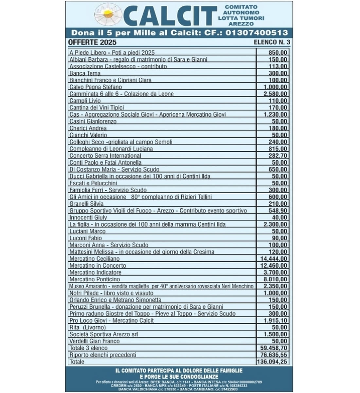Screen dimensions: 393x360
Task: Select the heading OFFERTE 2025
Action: point(92,42)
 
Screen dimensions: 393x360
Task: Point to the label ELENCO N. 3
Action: point(271,42)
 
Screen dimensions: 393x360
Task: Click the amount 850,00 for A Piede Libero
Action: point(278,52)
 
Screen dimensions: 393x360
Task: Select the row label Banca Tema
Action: point(85,73)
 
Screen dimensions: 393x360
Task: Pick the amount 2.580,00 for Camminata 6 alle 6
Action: point(276,94)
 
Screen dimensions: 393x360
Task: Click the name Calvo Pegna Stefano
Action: point(96,87)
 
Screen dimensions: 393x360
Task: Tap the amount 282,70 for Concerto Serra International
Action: point(278,156)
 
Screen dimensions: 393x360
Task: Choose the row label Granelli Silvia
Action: point(86,204)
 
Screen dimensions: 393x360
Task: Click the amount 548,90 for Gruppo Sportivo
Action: point(278,211)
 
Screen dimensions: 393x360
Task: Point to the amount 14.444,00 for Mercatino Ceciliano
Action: point(274,259)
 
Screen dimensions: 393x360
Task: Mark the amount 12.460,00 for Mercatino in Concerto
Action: point(274,266)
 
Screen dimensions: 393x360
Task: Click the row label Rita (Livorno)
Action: point(87,327)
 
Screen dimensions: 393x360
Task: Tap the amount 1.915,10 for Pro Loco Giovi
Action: point(276,321)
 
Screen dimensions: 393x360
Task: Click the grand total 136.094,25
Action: point(273,362)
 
